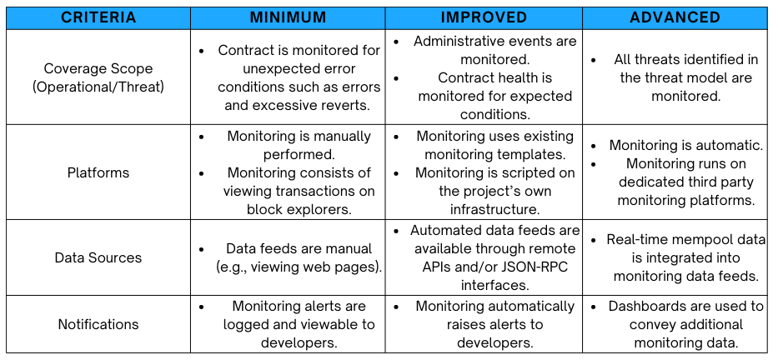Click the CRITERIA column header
point(98,17)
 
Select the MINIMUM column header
point(289,17)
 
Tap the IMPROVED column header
point(484,17)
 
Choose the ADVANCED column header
point(675,17)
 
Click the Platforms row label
point(98,172)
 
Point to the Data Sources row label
point(98,257)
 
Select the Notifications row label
point(98,324)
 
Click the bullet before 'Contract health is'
point(396,77)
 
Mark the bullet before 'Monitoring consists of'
point(201,172)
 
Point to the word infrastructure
point(494,209)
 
